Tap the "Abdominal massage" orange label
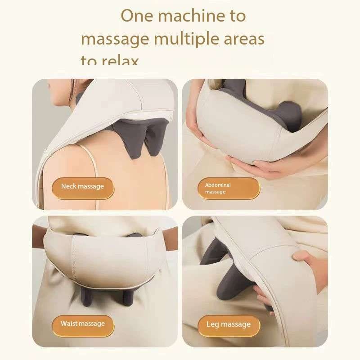point(228,189)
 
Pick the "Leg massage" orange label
point(228,324)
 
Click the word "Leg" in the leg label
point(212,324)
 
